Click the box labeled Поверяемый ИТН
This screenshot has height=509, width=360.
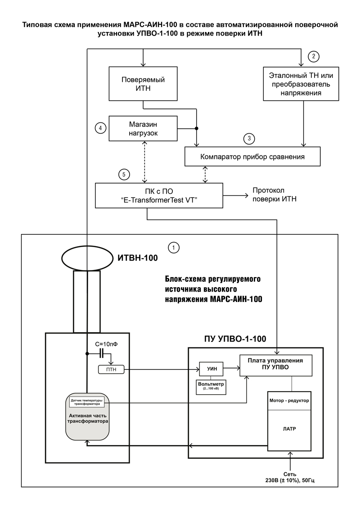[143, 84]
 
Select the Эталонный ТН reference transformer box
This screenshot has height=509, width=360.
[301, 84]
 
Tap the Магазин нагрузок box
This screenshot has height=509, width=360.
[143, 129]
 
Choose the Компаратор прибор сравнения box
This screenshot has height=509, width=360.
[252, 157]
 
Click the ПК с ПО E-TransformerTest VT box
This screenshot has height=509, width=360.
[159, 195]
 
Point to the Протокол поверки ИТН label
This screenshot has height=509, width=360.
[274, 195]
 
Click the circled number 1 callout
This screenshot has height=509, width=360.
[174, 248]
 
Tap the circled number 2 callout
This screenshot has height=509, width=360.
[314, 57]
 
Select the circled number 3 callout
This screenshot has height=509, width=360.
[249, 139]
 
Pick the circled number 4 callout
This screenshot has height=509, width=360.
[100, 128]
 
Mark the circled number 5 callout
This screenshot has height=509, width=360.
[124, 175]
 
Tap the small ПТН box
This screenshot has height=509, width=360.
[111, 369]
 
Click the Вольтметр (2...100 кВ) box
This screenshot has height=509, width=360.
[211, 387]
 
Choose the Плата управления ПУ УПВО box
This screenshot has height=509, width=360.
[275, 365]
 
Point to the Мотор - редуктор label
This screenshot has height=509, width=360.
[289, 401]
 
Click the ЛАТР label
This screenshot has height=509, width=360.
[289, 429]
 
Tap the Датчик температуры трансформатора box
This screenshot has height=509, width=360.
[87, 402]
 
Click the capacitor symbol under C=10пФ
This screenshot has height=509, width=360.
[102, 353]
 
